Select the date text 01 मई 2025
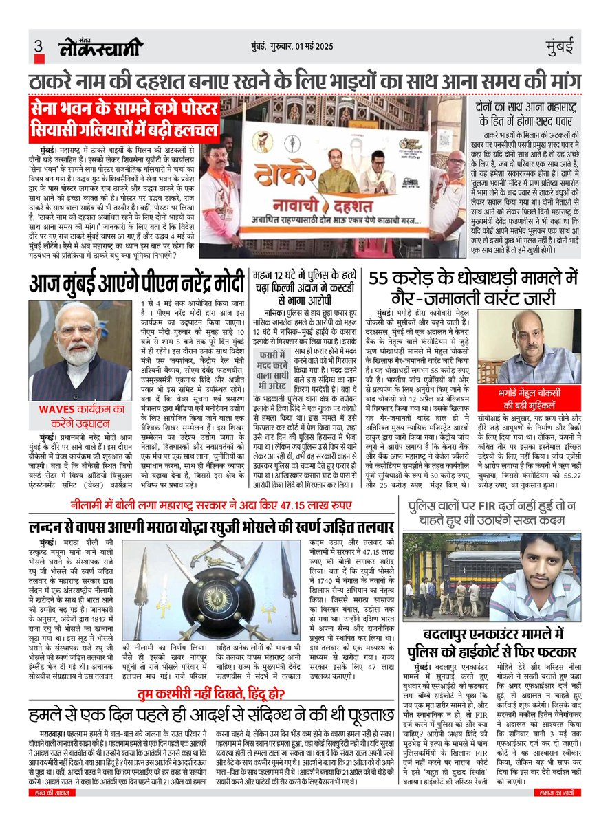click(336, 47)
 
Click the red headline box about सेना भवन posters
click(124, 120)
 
